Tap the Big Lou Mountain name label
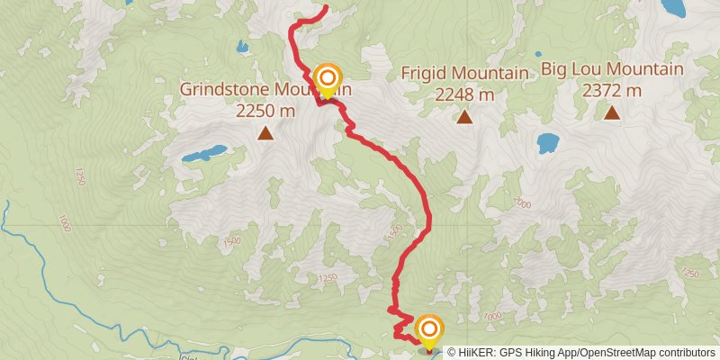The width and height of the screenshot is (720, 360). [612, 69]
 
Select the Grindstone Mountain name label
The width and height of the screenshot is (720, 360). [265, 90]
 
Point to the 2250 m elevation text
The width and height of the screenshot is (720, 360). [265, 111]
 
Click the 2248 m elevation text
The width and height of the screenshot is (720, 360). [464, 94]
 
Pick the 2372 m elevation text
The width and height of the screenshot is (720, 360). [612, 90]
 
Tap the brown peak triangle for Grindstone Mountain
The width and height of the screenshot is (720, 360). [265, 134]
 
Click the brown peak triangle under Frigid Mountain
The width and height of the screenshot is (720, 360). [464, 116]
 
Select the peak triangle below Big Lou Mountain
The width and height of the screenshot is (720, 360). [612, 112]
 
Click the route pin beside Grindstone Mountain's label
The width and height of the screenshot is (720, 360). [328, 79]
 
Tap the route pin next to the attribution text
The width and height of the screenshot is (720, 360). [429, 330]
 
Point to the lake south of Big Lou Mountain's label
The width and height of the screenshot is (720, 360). [547, 142]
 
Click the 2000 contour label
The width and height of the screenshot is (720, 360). [521, 204]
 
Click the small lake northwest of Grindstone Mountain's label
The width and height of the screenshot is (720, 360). [241, 46]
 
